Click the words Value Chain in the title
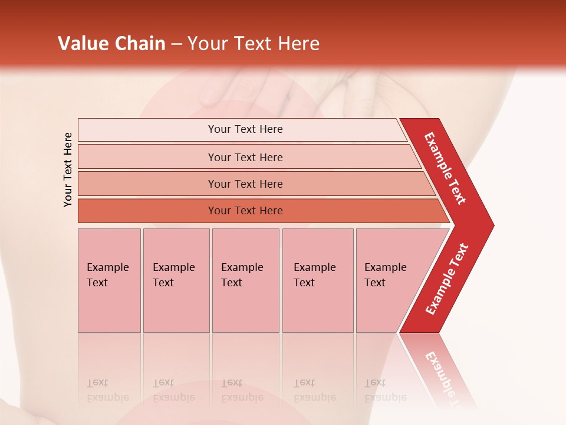[111, 44]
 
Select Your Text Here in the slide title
[254, 44]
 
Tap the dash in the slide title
[176, 44]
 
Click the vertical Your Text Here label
[68, 169]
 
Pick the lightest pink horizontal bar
[242, 129]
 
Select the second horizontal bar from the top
[248, 157]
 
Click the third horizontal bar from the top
[254, 184]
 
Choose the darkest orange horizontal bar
[259, 211]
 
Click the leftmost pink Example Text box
[109, 280]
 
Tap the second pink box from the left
[176, 280]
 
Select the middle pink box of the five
[245, 280]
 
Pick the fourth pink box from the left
[318, 280]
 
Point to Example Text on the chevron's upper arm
[445, 168]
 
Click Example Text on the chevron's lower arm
[447, 279]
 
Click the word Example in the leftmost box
[107, 267]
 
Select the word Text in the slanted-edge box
[375, 283]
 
